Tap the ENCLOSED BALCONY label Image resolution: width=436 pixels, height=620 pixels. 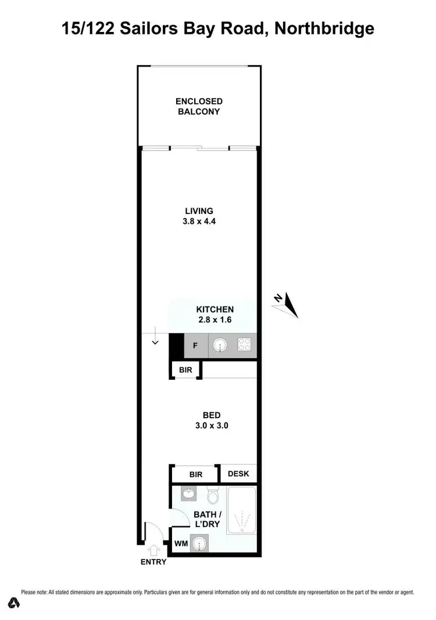click(199, 106)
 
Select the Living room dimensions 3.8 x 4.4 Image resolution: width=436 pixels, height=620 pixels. click(199, 221)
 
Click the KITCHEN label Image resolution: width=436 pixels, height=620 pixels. click(215, 309)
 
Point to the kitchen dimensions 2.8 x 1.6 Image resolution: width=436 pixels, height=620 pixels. click(215, 320)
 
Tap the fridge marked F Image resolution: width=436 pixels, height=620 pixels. click(195, 346)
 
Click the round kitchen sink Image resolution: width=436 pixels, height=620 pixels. click(220, 346)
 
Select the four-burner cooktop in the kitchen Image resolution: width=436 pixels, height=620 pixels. click(245, 346)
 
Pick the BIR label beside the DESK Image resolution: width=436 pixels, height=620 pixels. click(195, 474)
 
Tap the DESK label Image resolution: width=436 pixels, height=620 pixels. click(238, 474)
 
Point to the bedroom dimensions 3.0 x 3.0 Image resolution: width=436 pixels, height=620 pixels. click(211, 425)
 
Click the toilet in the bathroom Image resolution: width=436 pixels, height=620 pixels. click(212, 496)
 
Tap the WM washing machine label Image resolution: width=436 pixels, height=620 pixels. click(181, 544)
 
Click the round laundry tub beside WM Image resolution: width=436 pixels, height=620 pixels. click(199, 544)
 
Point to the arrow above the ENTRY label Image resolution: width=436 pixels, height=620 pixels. click(153, 548)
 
